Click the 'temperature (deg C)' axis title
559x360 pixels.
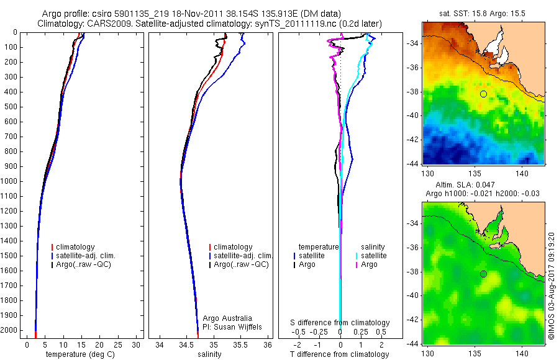tap(78, 354)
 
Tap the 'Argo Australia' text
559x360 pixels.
tap(227, 318)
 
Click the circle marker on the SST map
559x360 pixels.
tap(483, 94)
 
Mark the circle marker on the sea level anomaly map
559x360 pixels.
tap(483, 274)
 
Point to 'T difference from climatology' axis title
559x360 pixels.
tap(340, 354)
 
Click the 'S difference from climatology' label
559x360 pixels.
tap(340, 323)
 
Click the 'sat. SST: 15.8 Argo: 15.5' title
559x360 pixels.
tap(483, 14)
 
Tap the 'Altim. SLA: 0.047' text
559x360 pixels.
tap(462, 185)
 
